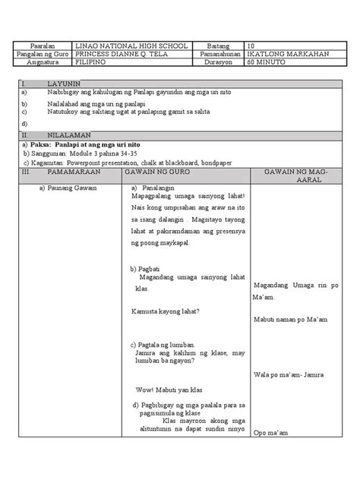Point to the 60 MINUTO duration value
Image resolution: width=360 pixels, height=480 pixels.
click(268, 65)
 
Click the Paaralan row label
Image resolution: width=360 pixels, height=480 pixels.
click(42, 45)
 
